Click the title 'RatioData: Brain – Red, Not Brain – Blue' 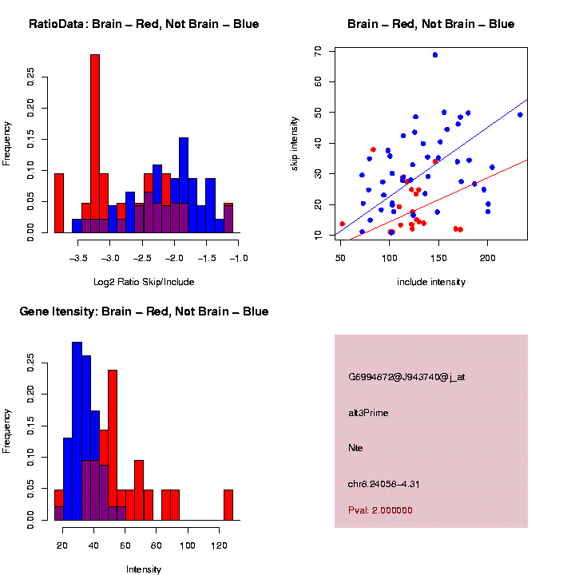click(144, 24)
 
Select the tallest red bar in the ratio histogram click(95, 144)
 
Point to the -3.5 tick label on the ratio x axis click(78, 259)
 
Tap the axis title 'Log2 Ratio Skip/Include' click(144, 282)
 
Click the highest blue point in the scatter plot click(435, 55)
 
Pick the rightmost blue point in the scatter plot click(520, 114)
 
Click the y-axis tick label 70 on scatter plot click(318, 50)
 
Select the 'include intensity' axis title click(431, 282)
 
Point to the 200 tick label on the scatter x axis click(487, 259)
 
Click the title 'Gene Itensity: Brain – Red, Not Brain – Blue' click(144, 311)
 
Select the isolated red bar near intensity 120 click(228, 505)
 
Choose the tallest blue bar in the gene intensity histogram click(77, 431)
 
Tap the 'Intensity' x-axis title click(144, 569)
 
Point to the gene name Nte click(356, 448)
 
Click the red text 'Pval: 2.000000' click(380, 510)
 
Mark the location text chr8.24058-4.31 click(384, 484)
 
